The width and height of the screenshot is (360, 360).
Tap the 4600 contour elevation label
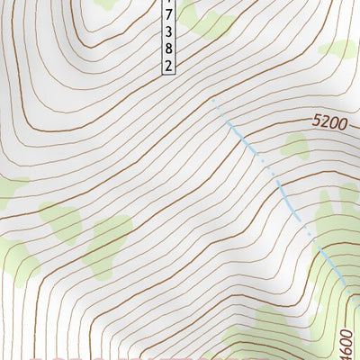point(347,338)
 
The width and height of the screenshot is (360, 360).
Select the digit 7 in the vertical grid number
point(167,17)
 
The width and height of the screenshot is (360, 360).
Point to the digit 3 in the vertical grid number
point(167,33)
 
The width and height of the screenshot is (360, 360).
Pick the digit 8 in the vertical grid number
point(167,49)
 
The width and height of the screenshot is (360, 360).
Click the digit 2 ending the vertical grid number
point(167,65)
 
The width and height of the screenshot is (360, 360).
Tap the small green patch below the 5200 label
point(295,145)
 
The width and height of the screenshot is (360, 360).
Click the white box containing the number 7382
point(167,36)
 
